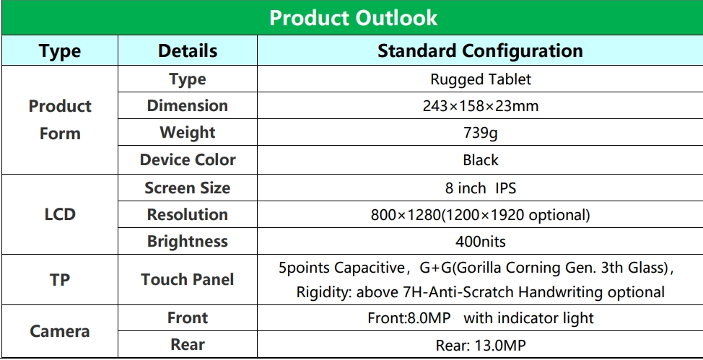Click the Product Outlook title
pyautogui.click(x=353, y=18)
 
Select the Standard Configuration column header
pyautogui.click(x=480, y=51)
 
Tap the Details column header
pyautogui.click(x=188, y=51)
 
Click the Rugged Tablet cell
pyautogui.click(x=480, y=79)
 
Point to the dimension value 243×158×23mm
pyautogui.click(x=480, y=106)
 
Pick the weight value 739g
pyautogui.click(x=480, y=133)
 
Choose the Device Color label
pyautogui.click(x=188, y=159)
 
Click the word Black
pyautogui.click(x=480, y=160)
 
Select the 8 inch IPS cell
pyautogui.click(x=480, y=188)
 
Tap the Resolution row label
pyautogui.click(x=188, y=214)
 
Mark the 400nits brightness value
pyautogui.click(x=480, y=242)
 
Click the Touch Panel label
pyautogui.click(x=188, y=280)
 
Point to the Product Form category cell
pyautogui.click(x=60, y=120)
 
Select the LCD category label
pyautogui.click(x=60, y=214)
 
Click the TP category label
pyautogui.click(x=60, y=280)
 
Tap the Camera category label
pyautogui.click(x=60, y=331)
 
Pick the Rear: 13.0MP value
pyautogui.click(x=480, y=345)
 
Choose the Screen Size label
pyautogui.click(x=188, y=188)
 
